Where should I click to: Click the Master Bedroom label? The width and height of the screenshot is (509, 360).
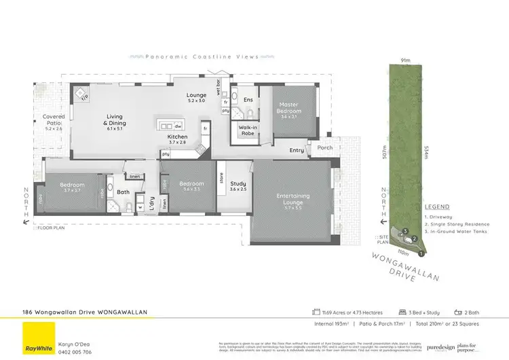pyautogui.click(x=288, y=108)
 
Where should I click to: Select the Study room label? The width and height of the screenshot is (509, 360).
pyautogui.click(x=238, y=184)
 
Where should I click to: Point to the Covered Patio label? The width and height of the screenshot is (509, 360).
pyautogui.click(x=54, y=120)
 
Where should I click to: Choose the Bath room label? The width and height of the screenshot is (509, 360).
pyautogui.click(x=123, y=192)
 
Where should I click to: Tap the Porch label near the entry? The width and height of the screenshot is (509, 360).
pyautogui.click(x=325, y=147)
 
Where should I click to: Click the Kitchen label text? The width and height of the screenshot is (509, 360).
pyautogui.click(x=178, y=137)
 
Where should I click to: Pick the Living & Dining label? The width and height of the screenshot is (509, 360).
pyautogui.click(x=115, y=120)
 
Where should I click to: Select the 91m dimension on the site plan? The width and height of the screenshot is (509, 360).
pyautogui.click(x=405, y=60)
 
